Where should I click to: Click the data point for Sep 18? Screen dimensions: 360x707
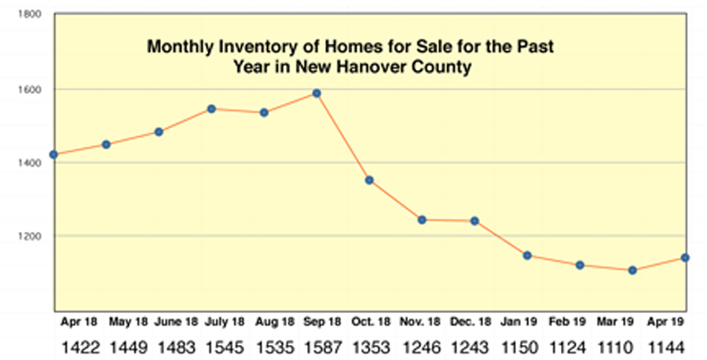point(317,94)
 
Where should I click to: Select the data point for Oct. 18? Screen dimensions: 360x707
point(369,181)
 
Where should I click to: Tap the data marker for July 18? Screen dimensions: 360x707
point(211,108)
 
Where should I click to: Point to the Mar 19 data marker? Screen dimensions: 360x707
point(632,270)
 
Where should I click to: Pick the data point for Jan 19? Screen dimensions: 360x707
point(528,255)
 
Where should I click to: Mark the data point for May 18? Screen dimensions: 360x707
point(106,145)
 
